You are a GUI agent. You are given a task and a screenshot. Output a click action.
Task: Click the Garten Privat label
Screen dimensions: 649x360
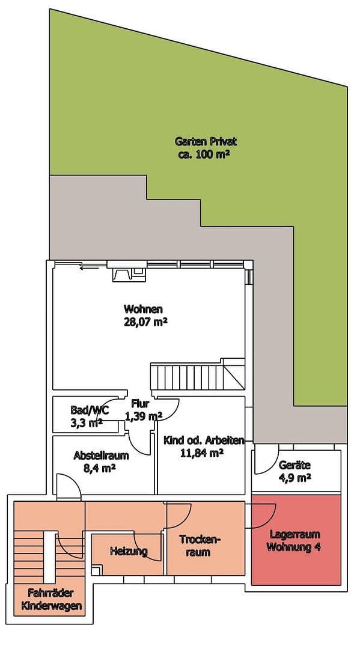click(206, 142)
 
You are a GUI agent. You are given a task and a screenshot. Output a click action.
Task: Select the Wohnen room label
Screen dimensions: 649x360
click(143, 309)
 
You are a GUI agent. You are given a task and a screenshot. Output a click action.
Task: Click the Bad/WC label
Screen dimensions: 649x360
click(89, 410)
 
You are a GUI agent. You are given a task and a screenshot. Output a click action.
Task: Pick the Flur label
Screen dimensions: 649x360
click(141, 404)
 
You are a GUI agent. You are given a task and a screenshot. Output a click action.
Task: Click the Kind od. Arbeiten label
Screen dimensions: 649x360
click(203, 440)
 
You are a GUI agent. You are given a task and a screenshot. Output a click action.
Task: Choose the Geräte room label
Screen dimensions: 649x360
click(294, 465)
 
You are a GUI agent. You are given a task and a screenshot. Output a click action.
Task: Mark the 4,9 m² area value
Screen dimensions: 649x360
click(294, 478)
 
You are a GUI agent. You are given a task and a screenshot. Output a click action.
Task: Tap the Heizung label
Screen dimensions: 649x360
click(129, 550)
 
